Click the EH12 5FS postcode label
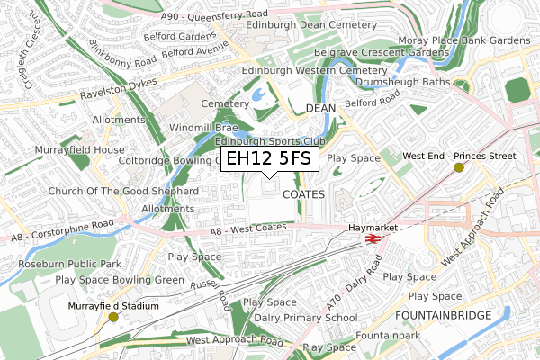268,159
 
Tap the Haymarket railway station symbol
368,239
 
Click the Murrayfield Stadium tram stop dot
113,317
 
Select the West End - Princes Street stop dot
459,167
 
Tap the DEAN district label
320,107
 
